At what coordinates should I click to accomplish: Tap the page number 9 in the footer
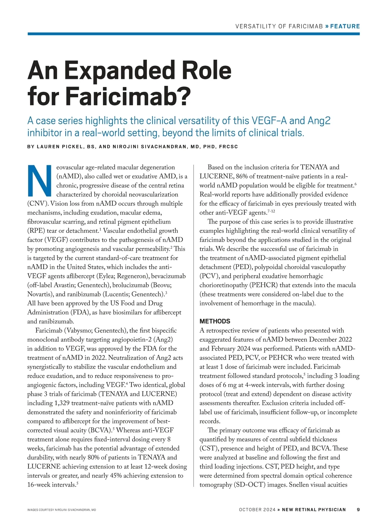pyautogui.click(x=358, y=510)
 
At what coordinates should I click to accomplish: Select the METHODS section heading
pyautogui.click(x=215, y=321)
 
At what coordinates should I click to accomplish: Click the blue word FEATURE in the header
pyautogui.click(x=345, y=26)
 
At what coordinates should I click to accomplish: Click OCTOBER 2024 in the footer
pyautogui.click(x=257, y=510)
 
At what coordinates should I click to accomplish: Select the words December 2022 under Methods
pyautogui.click(x=330, y=340)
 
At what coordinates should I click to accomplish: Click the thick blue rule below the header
pyautogui.click(x=193, y=34)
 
